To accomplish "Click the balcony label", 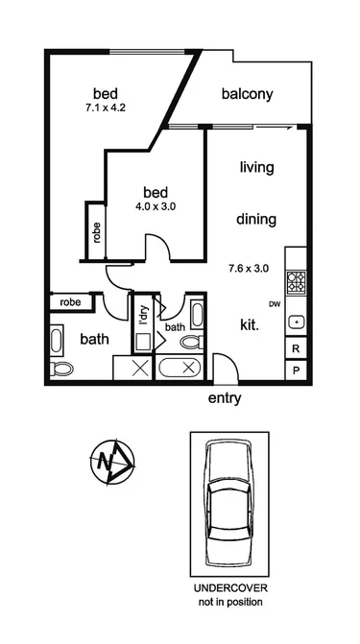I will point(248,94).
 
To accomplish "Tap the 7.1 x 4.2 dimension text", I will point(106,108).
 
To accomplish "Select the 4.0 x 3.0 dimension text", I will point(156,205).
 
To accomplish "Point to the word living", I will point(256,167).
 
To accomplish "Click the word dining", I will point(256,219).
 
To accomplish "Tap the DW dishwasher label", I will point(274,305).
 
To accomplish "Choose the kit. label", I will point(250,325).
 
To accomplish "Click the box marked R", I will point(297,348).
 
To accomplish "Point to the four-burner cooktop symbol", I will point(297,282).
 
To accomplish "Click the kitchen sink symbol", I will point(297,322).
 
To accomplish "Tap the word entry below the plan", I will point(224,398).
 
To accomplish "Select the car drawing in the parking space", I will point(229,502).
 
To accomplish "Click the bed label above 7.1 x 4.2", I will point(106,93).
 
